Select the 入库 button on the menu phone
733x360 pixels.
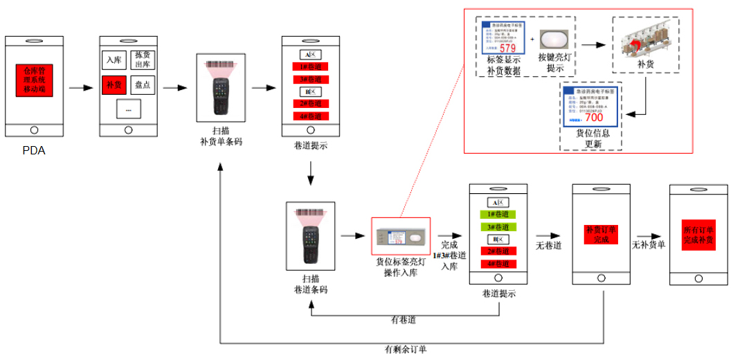[114, 61]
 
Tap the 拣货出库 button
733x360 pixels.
[143, 60]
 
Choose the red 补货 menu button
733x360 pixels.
[114, 86]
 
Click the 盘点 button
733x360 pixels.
[143, 86]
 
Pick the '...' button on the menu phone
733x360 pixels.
[128, 108]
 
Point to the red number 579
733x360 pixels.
[507, 48]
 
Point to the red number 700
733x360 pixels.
[594, 118]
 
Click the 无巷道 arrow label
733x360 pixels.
[548, 244]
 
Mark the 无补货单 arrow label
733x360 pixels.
[649, 244]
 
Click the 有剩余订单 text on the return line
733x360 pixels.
[406, 350]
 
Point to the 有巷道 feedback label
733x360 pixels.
[404, 320]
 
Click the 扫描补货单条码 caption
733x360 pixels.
[221, 136]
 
